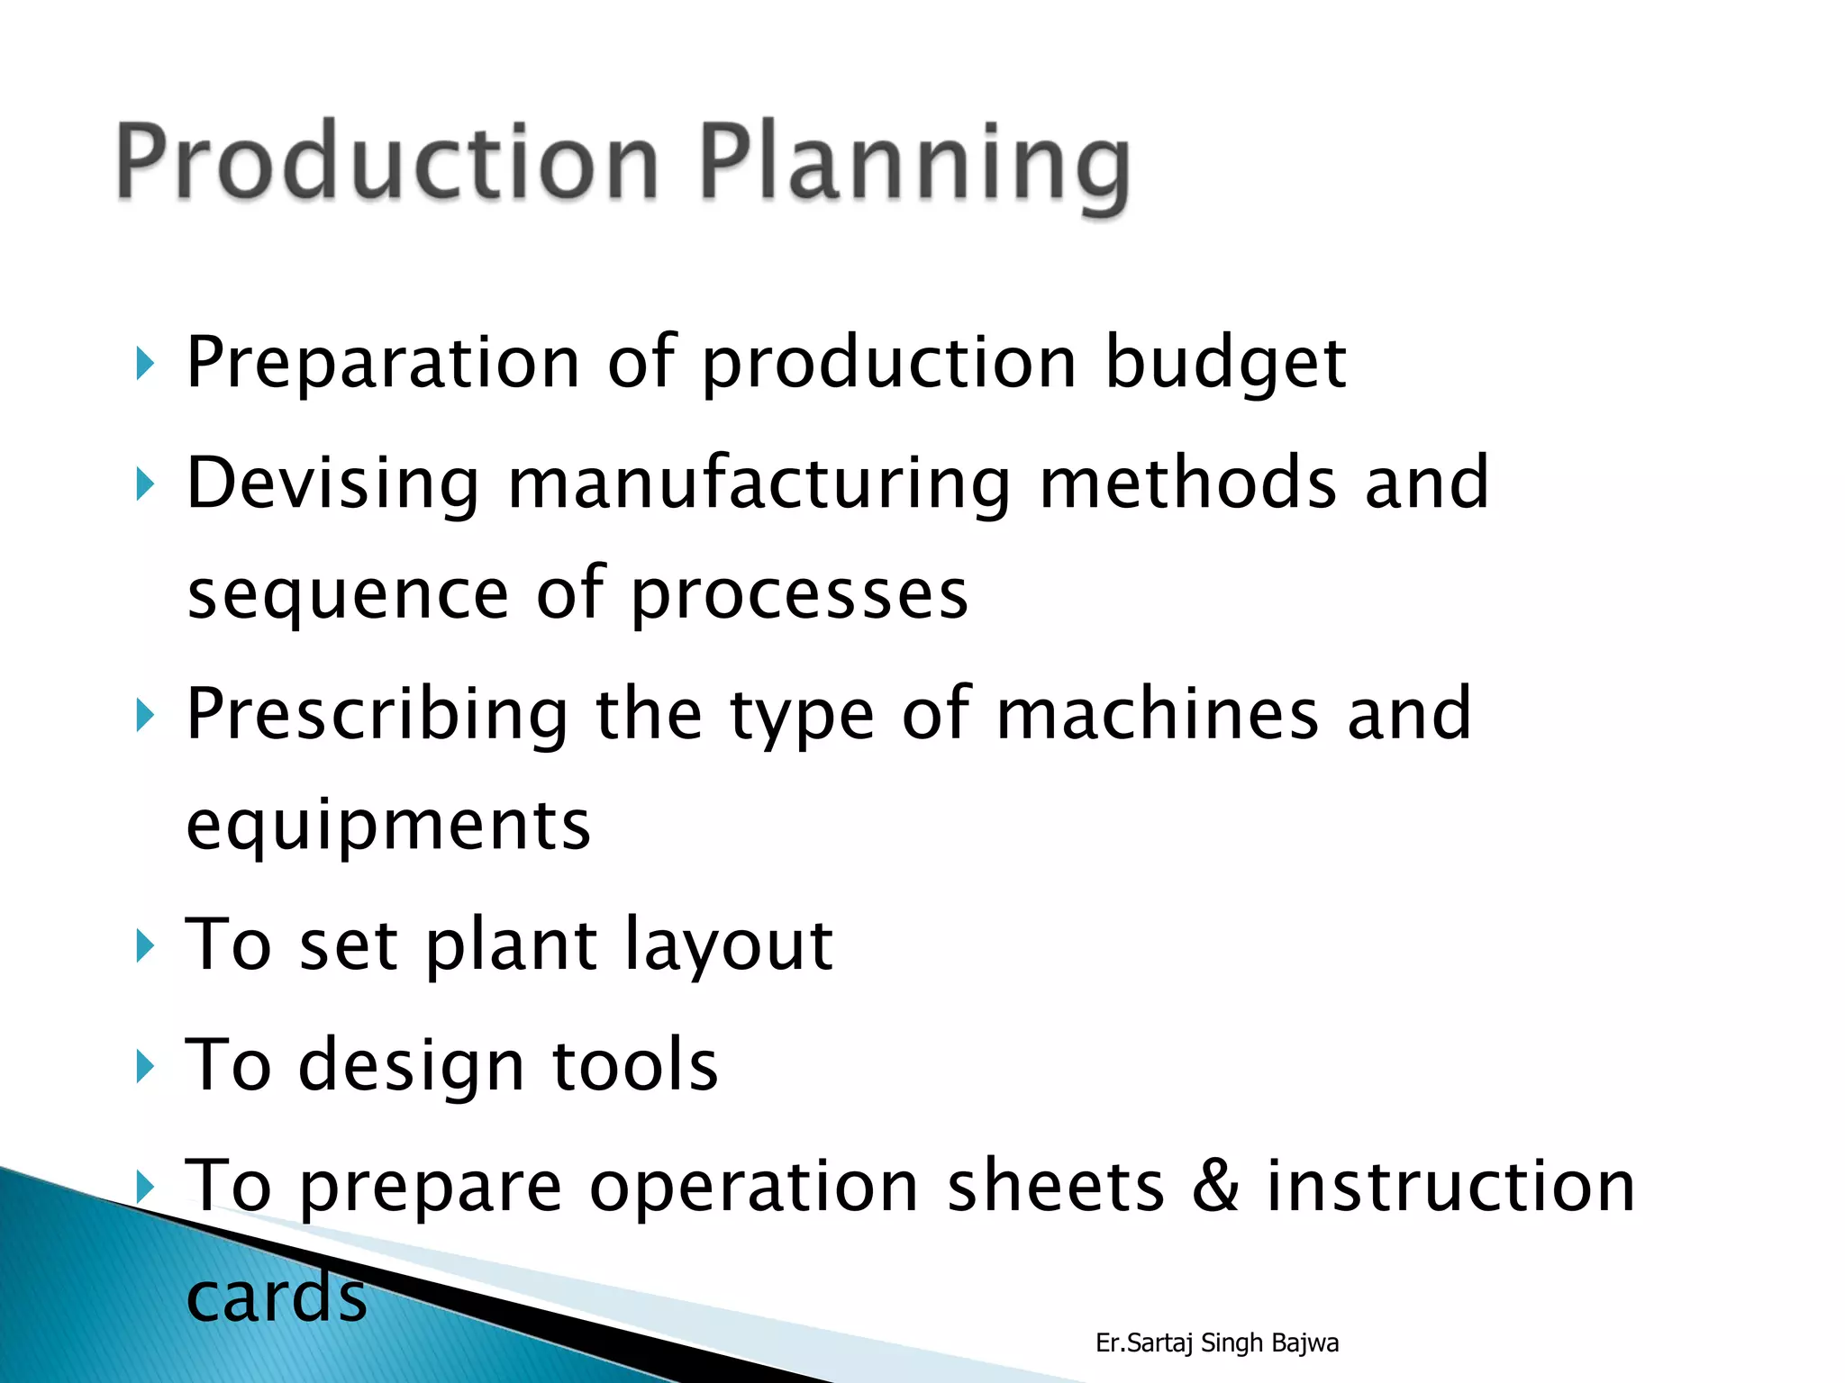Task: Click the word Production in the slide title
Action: [x=387, y=162]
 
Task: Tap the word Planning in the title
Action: [x=914, y=167]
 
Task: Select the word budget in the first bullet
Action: [x=1225, y=365]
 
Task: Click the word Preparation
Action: [x=383, y=365]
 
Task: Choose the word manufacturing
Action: [x=759, y=486]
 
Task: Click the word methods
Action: [x=1188, y=484]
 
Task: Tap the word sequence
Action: [x=348, y=596]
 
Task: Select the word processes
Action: [x=799, y=596]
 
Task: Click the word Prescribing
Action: [x=377, y=716]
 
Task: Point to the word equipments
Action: [x=388, y=827]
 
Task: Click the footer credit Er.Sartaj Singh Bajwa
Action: [x=1217, y=1342]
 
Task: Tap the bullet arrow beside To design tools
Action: [x=145, y=1067]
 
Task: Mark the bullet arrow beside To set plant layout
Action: [x=145, y=946]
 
